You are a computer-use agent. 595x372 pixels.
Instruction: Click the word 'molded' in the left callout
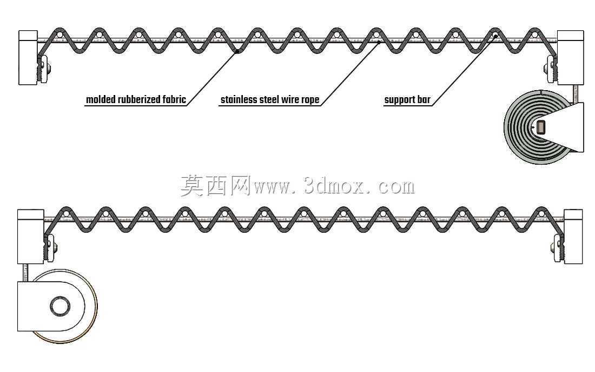coord(101,100)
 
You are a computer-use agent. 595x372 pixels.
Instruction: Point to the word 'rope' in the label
coord(310,100)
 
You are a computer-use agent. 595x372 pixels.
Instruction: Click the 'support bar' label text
coord(407,100)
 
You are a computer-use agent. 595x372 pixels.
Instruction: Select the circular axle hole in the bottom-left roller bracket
coord(60,306)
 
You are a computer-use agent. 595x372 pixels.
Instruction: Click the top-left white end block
coord(28,58)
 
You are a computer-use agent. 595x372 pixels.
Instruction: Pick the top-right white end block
coord(570,58)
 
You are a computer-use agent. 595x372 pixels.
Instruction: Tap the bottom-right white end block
coord(573,236)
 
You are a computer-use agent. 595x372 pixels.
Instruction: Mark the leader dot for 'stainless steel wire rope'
coord(378,43)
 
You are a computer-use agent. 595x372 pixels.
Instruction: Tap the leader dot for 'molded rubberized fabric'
coord(237,51)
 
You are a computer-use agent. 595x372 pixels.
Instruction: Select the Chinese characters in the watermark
coord(215,186)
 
